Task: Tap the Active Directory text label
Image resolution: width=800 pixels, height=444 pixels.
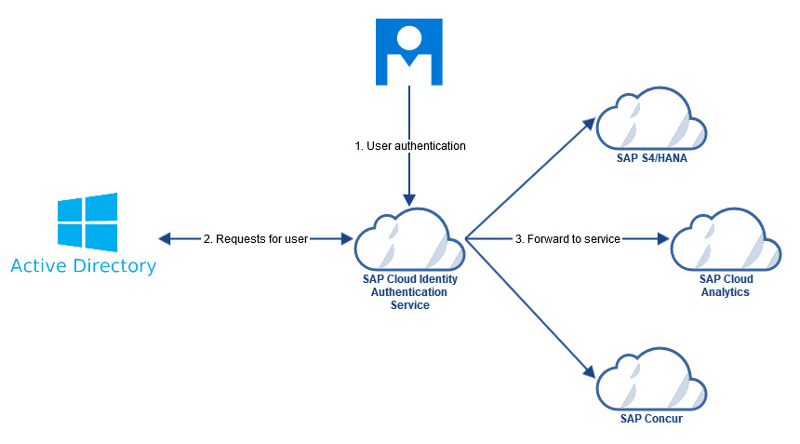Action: tap(84, 267)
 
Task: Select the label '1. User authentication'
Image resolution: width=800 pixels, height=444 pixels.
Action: tap(409, 146)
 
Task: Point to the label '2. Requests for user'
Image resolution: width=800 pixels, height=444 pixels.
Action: tap(256, 239)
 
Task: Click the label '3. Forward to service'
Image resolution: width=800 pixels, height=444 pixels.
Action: tap(567, 239)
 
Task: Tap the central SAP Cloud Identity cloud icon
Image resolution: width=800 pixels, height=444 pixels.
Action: tap(409, 239)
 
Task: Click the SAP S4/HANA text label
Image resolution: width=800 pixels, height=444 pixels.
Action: tap(651, 157)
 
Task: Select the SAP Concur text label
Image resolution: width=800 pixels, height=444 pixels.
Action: tap(651, 419)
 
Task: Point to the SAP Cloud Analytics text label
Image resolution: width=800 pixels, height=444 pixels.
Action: tap(726, 285)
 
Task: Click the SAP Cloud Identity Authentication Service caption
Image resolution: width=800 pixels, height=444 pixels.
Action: tap(409, 291)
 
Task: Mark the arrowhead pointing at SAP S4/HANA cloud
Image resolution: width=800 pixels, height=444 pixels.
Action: tap(588, 122)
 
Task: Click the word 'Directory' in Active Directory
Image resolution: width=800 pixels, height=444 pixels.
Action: tap(115, 267)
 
